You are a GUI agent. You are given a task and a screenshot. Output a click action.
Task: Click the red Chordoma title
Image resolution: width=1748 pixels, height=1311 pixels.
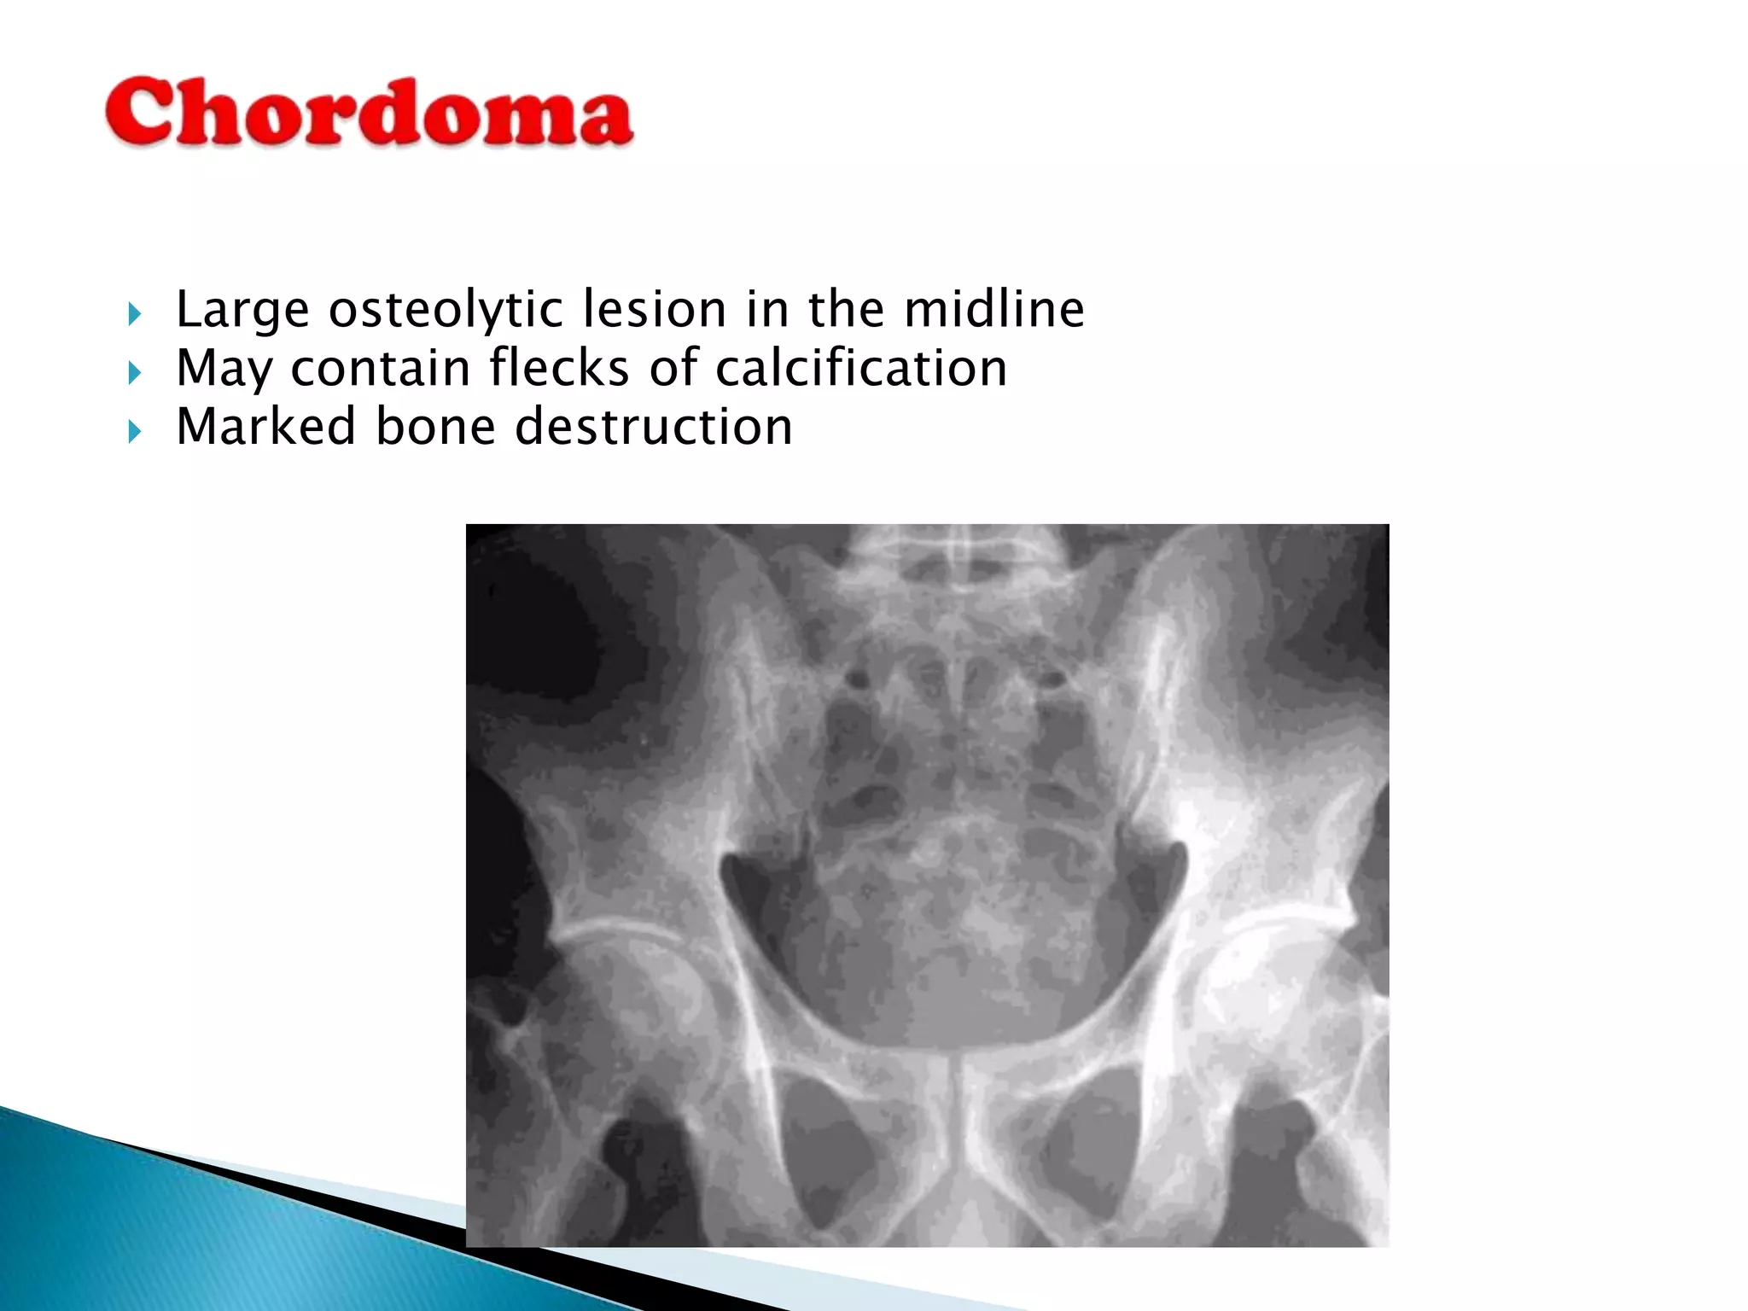[369, 113]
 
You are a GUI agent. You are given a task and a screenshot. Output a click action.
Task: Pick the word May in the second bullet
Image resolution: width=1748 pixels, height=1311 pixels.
[224, 370]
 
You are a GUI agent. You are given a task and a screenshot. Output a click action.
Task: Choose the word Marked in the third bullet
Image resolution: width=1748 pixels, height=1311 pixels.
[265, 426]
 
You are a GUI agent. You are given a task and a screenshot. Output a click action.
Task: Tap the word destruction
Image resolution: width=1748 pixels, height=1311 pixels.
[654, 426]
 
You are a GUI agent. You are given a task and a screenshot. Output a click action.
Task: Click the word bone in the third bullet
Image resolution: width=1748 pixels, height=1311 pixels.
[435, 426]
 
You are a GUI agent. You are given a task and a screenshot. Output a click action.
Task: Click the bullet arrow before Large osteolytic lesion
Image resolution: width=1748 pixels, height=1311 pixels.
[134, 314]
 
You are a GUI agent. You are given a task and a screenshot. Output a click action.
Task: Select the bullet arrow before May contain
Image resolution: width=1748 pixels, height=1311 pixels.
[134, 372]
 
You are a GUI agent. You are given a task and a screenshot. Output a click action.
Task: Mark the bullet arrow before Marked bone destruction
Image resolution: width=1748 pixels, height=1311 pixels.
[134, 431]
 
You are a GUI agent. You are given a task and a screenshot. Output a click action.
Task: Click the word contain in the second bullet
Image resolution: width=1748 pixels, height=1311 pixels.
[380, 368]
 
